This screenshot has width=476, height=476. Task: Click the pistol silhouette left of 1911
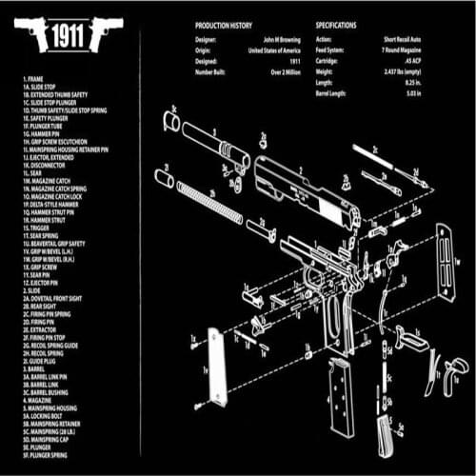30,35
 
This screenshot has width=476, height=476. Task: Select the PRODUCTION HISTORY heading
224,25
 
